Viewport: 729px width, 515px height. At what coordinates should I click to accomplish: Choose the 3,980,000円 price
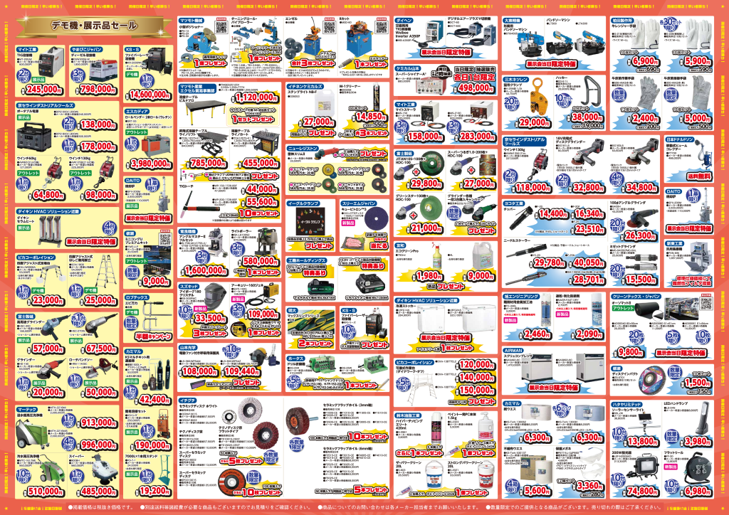pos(147,163)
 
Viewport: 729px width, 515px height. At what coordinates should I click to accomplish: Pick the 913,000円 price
pos(93,423)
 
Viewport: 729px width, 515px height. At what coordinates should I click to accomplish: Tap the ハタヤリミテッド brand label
pos(627,402)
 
